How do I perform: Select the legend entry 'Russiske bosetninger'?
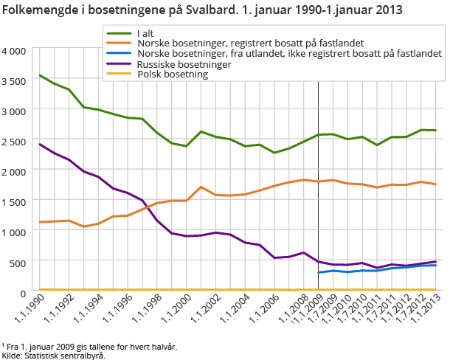[x=184, y=65]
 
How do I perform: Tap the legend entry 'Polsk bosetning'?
[x=173, y=75]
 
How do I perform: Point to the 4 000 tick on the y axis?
[x=15, y=51]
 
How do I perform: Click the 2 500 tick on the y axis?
[x=15, y=141]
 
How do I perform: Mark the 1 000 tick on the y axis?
[x=15, y=232]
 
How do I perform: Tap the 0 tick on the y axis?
[x=24, y=292]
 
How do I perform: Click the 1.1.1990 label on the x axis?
[x=27, y=313]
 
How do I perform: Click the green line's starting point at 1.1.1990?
[x=40, y=75]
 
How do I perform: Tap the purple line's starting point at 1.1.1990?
[x=40, y=144]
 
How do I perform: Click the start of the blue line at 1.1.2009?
[x=319, y=272]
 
